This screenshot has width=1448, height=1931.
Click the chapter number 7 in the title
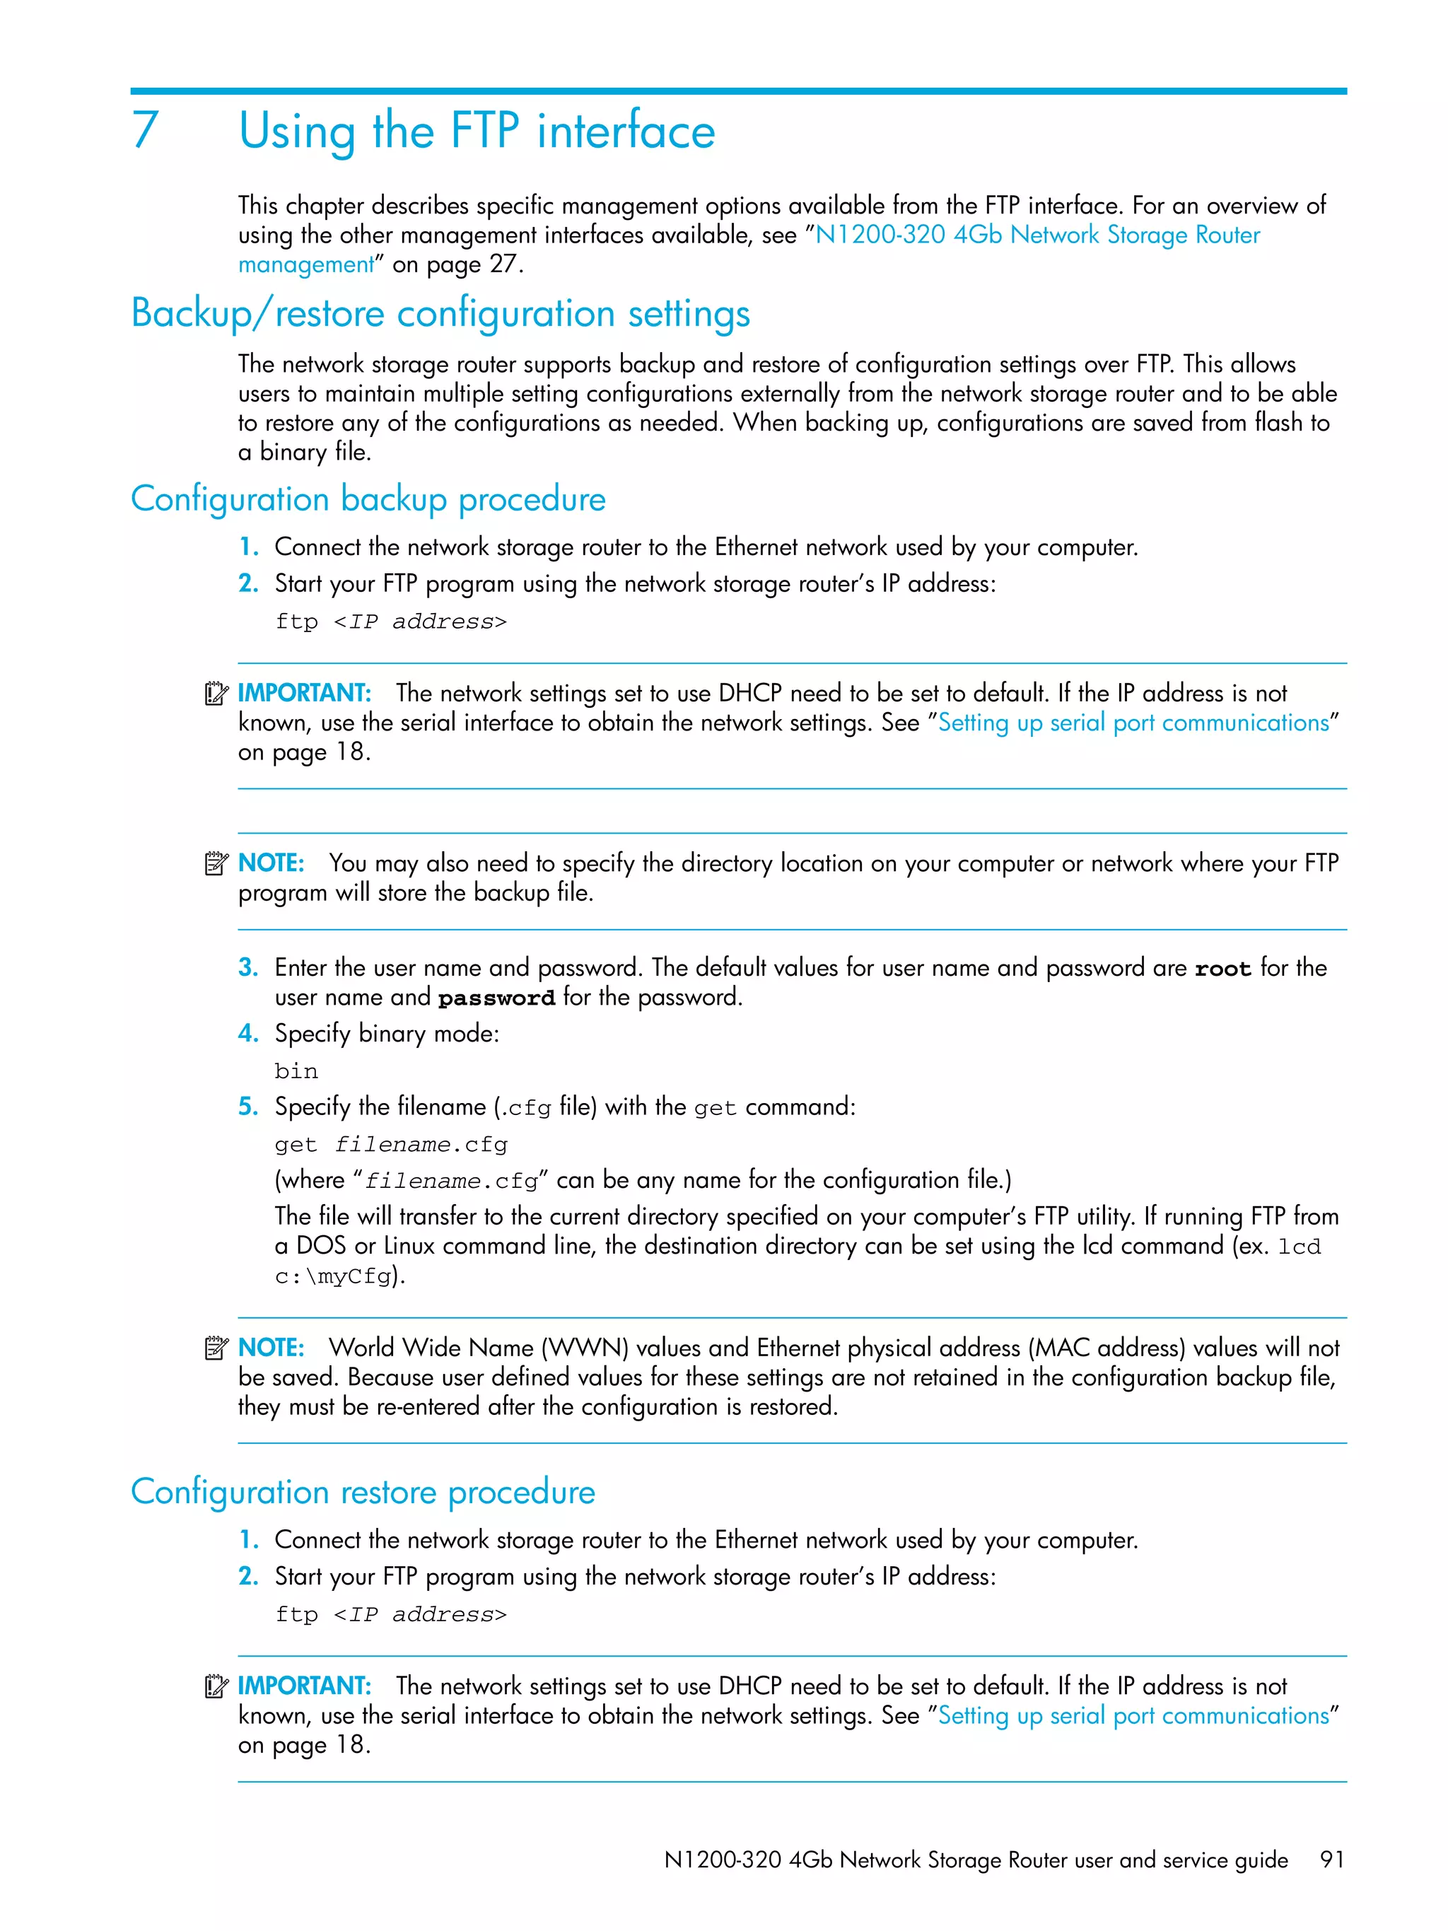[x=145, y=131]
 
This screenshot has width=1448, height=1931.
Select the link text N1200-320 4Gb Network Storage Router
[x=1037, y=235]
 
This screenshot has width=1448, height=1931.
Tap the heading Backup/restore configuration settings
[x=440, y=313]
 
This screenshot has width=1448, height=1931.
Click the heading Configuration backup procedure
[x=368, y=499]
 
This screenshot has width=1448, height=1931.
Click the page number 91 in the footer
[x=1331, y=1860]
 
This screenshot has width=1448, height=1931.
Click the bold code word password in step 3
[x=496, y=998]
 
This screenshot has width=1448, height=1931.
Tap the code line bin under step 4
[x=296, y=1071]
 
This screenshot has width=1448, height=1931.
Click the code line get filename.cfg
[x=390, y=1145]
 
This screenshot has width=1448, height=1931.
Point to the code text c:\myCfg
[x=332, y=1277]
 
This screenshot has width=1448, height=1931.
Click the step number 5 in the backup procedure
[x=248, y=1107]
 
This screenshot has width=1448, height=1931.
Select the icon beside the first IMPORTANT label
[x=216, y=694]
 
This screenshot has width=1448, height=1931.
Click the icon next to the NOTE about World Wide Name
[x=216, y=1349]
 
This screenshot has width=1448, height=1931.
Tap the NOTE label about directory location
[x=271, y=863]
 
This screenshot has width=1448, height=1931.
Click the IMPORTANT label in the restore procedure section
[x=304, y=1686]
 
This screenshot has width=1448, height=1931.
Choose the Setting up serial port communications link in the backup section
[x=1133, y=723]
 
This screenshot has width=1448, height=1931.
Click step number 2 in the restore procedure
[x=248, y=1577]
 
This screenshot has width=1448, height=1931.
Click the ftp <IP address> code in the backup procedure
[x=390, y=622]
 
